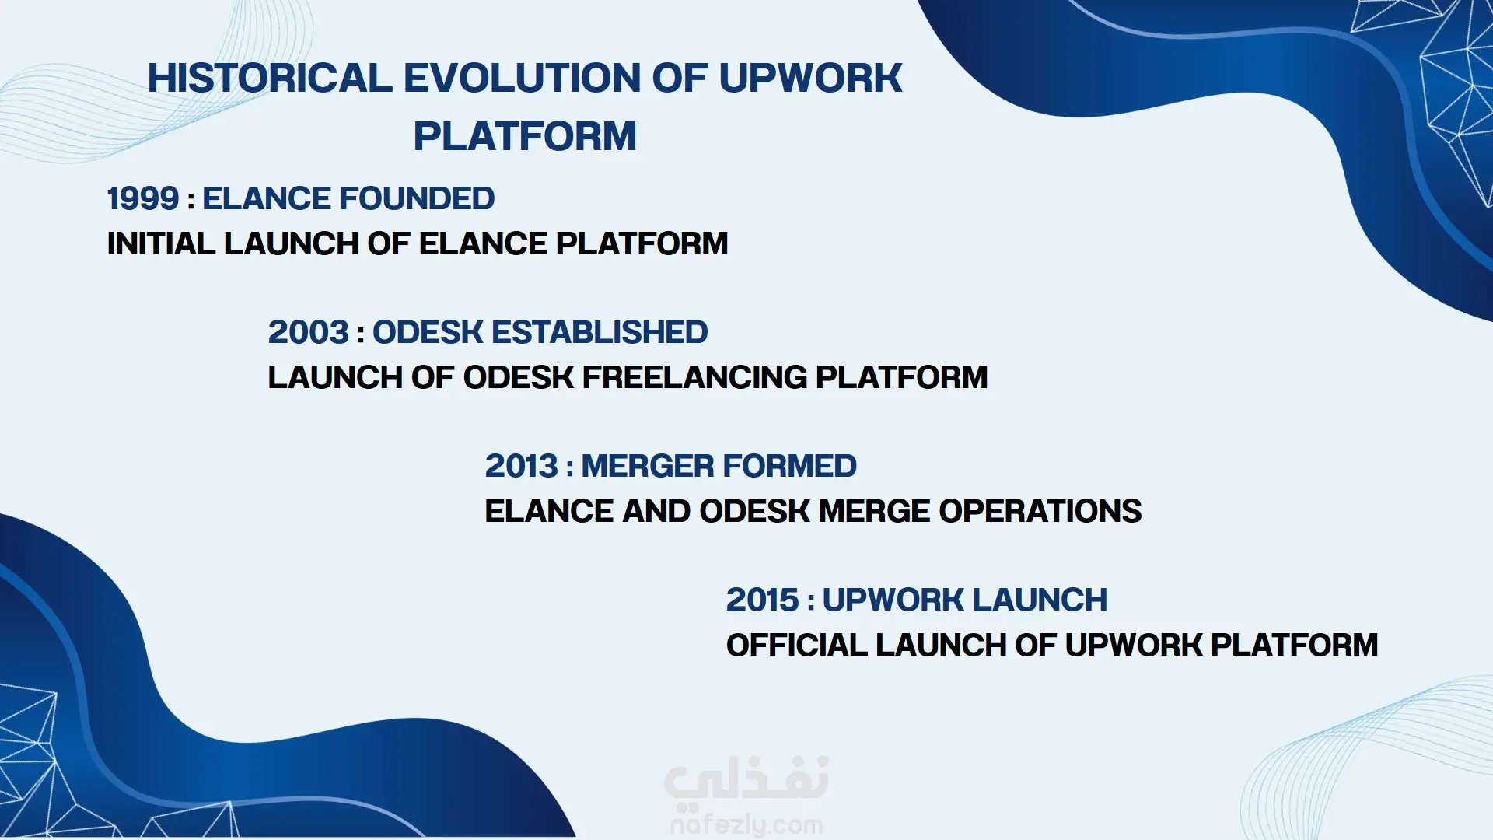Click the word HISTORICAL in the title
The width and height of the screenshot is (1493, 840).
click(270, 79)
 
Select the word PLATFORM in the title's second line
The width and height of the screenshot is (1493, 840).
click(525, 137)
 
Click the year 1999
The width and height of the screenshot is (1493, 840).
click(143, 199)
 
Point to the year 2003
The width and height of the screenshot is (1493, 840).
click(309, 333)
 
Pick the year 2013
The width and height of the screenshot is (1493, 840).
click(522, 467)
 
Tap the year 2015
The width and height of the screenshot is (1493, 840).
click(763, 600)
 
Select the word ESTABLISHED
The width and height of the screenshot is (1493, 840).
click(600, 333)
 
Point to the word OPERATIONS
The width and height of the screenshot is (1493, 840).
click(1040, 512)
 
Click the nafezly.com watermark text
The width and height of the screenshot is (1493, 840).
click(746, 824)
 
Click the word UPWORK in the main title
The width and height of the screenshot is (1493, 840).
click(810, 79)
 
